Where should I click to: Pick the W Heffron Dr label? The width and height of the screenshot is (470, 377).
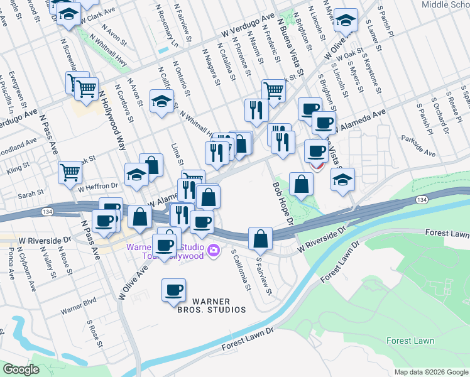(x=98, y=186)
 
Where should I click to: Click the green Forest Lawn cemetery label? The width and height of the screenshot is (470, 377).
(x=410, y=341)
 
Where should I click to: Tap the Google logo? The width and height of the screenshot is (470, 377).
(x=21, y=369)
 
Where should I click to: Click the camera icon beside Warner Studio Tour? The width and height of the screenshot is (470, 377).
(x=214, y=251)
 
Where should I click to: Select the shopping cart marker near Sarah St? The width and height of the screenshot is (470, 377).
(x=70, y=172)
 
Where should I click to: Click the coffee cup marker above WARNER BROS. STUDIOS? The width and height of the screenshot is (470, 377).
(x=173, y=290)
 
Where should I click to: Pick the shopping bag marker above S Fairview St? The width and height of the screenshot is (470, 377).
(x=260, y=238)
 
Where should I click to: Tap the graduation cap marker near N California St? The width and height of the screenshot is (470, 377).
(x=161, y=101)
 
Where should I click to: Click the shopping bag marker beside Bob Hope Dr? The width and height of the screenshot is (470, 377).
(x=302, y=183)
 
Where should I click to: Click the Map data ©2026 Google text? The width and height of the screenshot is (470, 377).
(x=430, y=372)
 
